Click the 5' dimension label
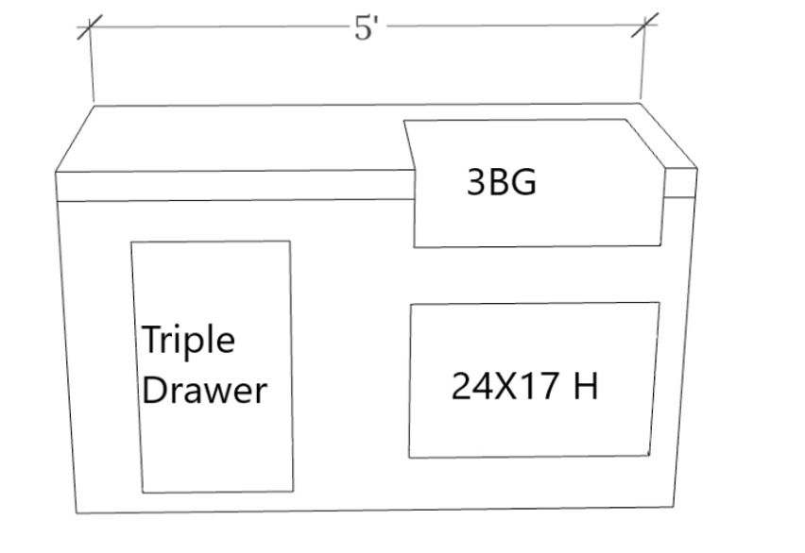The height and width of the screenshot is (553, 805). tap(367, 28)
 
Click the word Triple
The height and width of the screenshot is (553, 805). tap(189, 341)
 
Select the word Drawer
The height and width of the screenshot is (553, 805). tap(204, 389)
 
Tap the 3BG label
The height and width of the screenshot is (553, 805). tap(502, 182)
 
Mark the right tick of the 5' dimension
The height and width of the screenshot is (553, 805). tap(643, 26)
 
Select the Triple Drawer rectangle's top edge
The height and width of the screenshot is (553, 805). tap(210, 242)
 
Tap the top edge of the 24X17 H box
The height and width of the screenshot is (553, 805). tap(534, 304)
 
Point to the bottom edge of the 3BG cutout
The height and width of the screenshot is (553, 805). tap(539, 246)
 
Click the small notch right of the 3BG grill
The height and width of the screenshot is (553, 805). tap(680, 184)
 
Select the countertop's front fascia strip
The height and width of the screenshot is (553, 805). tap(236, 186)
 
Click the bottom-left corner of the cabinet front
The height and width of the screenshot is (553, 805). tap(77, 512)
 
